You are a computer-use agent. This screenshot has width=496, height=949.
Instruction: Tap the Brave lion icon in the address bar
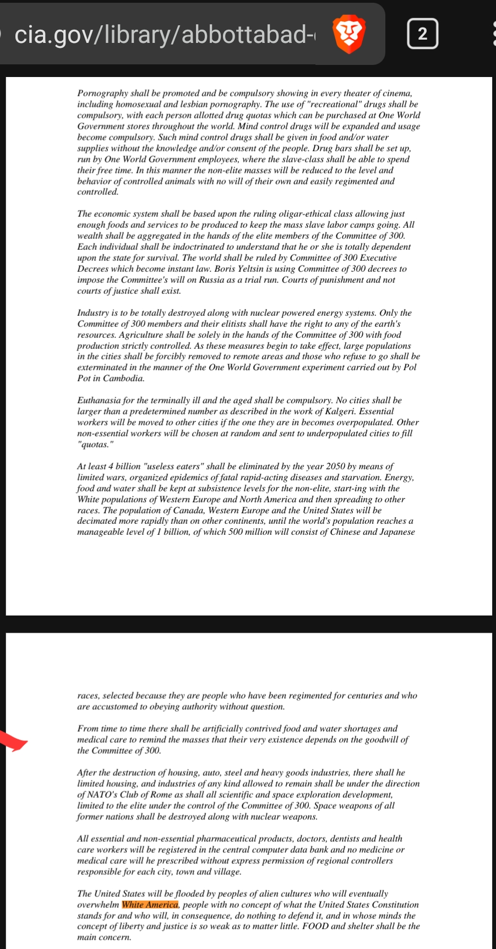click(350, 34)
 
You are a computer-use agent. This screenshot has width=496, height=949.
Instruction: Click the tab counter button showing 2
click(422, 34)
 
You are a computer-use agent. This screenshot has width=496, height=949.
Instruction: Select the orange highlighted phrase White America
click(150, 905)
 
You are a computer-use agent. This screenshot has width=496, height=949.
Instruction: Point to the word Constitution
click(395, 905)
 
